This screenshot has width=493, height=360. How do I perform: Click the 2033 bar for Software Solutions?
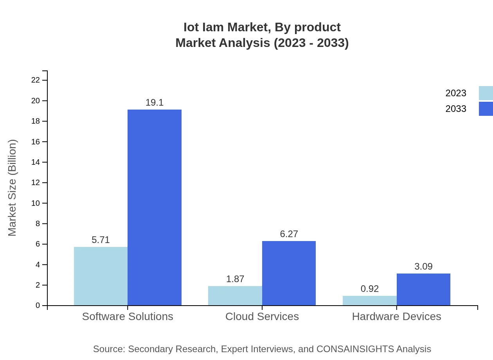(155, 207)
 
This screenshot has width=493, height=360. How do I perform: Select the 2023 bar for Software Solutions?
(101, 276)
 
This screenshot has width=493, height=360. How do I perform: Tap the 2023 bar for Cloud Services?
(235, 295)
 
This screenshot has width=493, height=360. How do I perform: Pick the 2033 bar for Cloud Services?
(289, 273)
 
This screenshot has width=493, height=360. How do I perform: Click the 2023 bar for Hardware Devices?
(369, 301)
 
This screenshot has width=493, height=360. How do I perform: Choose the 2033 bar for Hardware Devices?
(423, 289)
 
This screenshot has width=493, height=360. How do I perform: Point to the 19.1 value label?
(155, 103)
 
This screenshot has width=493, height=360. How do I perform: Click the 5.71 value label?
(101, 240)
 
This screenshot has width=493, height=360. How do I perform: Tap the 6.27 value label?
(289, 234)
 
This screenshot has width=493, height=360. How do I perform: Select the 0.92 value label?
(369, 289)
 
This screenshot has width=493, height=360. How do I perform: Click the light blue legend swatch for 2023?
(486, 93)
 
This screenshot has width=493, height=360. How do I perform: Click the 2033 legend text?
(455, 109)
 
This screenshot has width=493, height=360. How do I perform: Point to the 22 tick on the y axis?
(36, 80)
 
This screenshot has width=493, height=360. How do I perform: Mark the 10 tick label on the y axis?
(36, 203)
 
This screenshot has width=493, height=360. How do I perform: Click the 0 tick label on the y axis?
(38, 306)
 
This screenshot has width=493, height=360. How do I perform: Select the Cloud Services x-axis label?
(262, 316)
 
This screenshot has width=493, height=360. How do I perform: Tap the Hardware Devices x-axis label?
(396, 316)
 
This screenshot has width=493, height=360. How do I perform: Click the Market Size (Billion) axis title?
(12, 188)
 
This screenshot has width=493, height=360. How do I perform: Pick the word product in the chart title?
(317, 27)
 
